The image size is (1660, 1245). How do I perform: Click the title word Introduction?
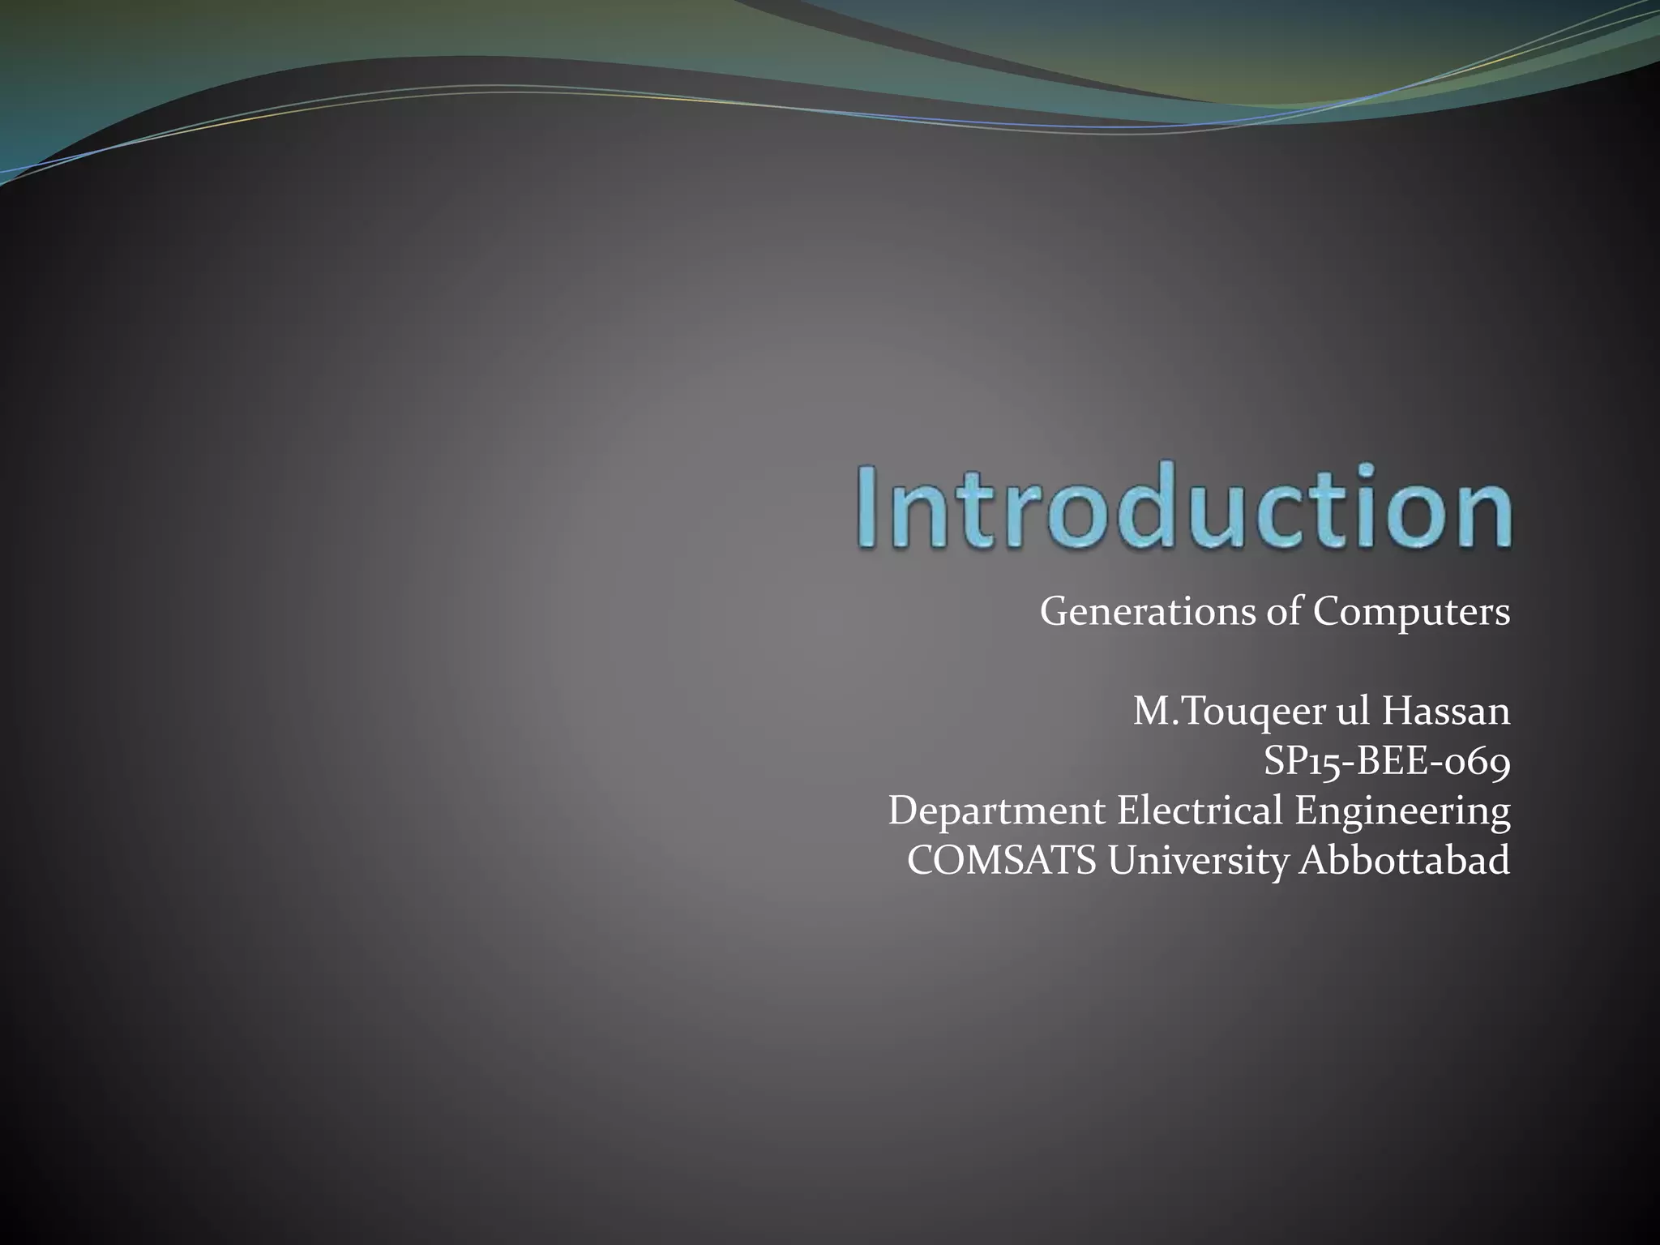click(x=1184, y=507)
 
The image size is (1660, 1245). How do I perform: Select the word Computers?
click(x=1411, y=612)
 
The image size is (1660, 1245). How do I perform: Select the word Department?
click(x=996, y=812)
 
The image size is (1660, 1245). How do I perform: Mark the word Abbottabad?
click(x=1405, y=861)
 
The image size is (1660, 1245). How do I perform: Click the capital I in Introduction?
click(x=871, y=507)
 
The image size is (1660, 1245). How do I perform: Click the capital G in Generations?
click(x=1055, y=612)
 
